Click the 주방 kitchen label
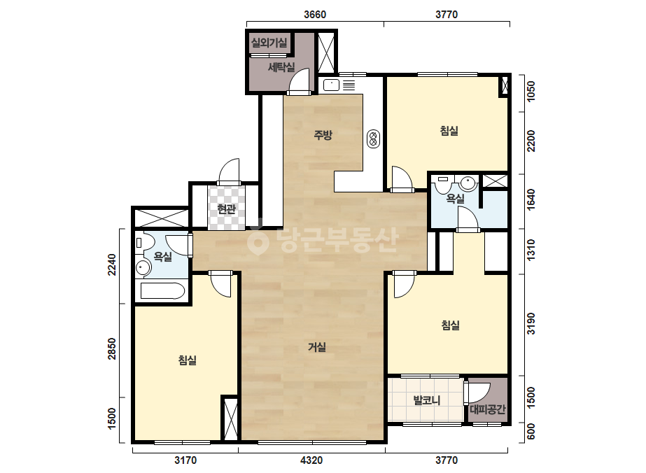[x=323, y=135]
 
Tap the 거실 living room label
[x=317, y=347]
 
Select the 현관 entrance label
[x=226, y=209]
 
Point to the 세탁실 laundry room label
[x=281, y=66]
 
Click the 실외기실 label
[x=269, y=43]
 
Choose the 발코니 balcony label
[x=427, y=400]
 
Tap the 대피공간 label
[x=487, y=409]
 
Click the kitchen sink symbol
[x=331, y=85]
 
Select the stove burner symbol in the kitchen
[x=373, y=139]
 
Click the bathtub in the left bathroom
[x=162, y=291]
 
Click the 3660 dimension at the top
[x=315, y=15]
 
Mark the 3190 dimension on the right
[x=531, y=324]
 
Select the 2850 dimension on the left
[x=112, y=348]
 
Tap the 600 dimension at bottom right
[x=531, y=432]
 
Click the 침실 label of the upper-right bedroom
[x=449, y=131]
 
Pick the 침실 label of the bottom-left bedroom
[x=187, y=360]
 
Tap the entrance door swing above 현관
[x=230, y=171]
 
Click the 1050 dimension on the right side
[x=531, y=92]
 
